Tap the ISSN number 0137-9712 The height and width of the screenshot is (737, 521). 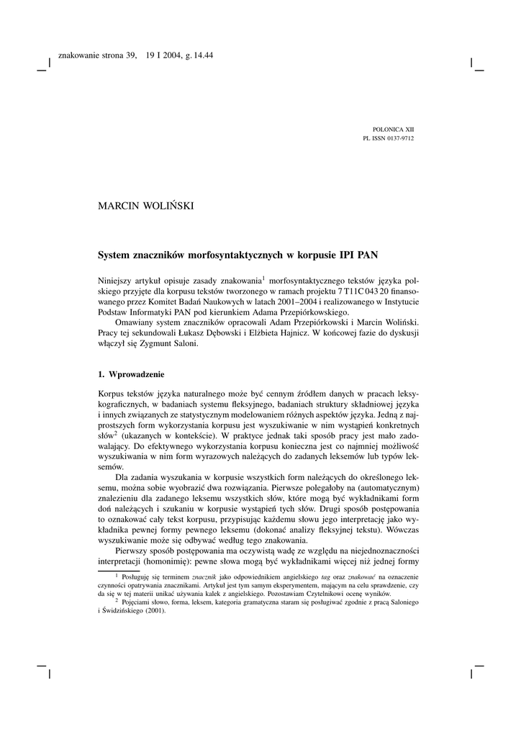(400, 137)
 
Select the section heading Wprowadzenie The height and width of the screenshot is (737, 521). (137, 375)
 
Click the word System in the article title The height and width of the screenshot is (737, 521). (114, 254)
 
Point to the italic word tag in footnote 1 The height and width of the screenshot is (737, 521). (326, 577)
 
